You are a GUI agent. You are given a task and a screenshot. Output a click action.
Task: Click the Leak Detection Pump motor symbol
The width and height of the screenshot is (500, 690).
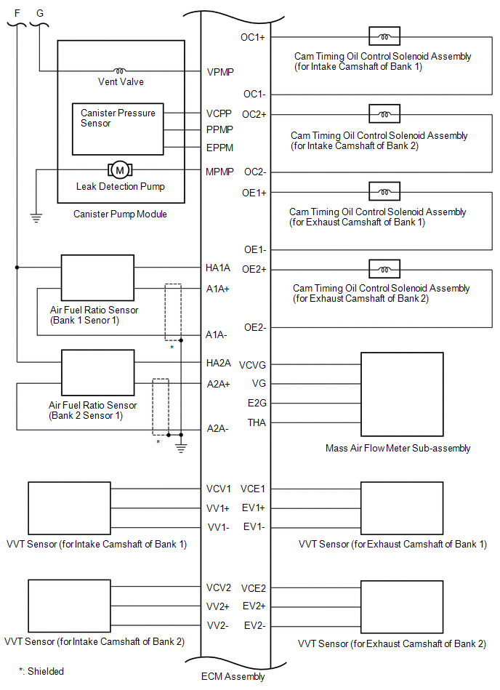120,170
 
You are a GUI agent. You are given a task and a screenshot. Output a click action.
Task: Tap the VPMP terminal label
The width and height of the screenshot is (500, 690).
220,72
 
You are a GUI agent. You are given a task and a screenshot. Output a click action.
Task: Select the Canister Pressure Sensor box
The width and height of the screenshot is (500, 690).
118,129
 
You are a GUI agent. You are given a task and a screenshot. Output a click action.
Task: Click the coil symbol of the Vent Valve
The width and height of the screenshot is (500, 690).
120,71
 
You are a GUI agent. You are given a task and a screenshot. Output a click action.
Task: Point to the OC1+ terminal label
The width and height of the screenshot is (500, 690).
253,37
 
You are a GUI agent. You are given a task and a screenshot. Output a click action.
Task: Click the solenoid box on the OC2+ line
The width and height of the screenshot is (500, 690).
384,114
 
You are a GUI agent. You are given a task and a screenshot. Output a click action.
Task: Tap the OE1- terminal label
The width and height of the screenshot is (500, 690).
255,249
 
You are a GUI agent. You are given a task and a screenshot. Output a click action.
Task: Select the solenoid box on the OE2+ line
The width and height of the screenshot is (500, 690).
384,269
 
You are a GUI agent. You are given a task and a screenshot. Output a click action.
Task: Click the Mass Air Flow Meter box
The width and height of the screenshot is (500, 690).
402,394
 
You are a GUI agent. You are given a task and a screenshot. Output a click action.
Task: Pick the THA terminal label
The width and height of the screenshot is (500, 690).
257,422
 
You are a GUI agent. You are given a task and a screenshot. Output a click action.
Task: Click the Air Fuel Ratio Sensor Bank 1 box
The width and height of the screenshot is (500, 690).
97,278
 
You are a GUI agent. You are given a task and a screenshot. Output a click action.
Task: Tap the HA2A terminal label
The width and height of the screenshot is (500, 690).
219,363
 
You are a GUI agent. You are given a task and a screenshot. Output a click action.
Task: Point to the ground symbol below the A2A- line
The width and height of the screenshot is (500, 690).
181,448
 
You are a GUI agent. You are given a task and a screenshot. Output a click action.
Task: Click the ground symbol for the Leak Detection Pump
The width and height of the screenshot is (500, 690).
36,217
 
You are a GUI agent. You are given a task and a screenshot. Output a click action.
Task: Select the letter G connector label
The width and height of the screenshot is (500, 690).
40,13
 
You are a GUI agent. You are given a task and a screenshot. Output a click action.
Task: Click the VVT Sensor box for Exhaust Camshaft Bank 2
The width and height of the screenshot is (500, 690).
402,607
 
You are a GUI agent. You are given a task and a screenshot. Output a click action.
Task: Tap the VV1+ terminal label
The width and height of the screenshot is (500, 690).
218,508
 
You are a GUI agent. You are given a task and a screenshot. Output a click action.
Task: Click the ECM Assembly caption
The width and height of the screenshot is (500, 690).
233,676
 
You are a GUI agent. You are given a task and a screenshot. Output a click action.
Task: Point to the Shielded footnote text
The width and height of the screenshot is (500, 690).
41,671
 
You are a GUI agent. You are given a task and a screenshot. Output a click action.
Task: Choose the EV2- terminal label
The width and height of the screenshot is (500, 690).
255,625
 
